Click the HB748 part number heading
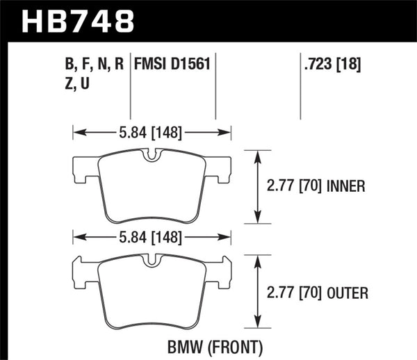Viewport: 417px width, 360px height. [78, 21]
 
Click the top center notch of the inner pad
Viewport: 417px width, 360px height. [151, 158]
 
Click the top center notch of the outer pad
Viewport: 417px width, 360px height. [151, 265]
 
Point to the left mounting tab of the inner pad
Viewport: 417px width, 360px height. [82, 167]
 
